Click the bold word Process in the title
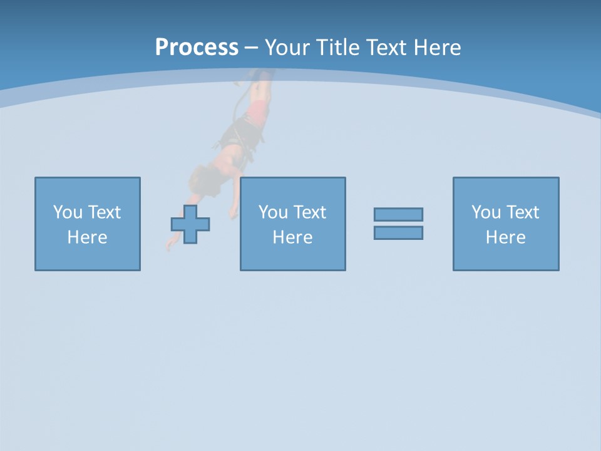tap(197, 47)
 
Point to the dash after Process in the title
tap(251, 48)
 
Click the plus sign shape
tap(190, 224)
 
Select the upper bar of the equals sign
tap(398, 214)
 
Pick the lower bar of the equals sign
tap(398, 232)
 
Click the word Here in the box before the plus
tap(87, 237)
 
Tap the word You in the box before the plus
tap(68, 212)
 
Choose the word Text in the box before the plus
tap(103, 212)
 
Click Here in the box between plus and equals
tap(292, 237)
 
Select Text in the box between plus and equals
tap(309, 212)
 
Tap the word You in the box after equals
tap(486, 212)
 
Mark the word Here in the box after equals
tap(505, 237)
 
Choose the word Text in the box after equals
tap(521, 212)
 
